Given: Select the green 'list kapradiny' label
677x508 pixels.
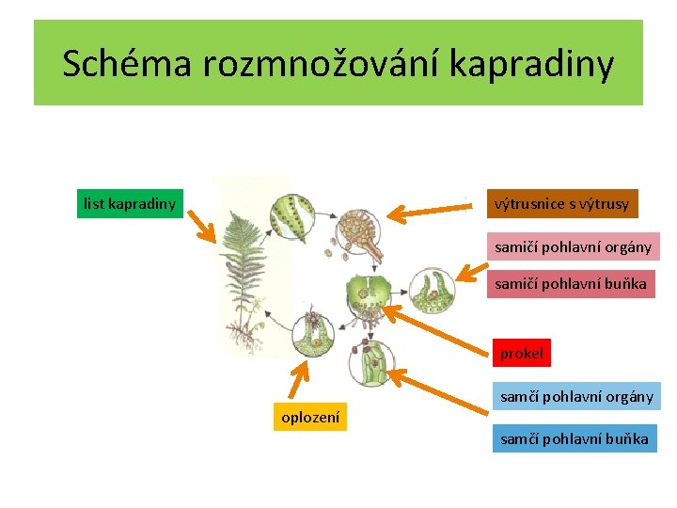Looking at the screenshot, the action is point(130,203).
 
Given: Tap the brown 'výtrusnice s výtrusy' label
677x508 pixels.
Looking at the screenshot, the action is point(562,204).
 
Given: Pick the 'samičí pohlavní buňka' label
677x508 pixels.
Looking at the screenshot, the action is point(571,283).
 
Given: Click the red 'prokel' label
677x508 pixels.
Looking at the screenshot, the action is point(522,354).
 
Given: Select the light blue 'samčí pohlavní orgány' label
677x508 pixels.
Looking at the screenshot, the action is point(576,396).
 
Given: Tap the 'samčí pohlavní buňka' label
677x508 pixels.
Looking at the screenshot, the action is point(574,438).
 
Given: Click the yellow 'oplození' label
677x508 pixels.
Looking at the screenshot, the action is point(311,417).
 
